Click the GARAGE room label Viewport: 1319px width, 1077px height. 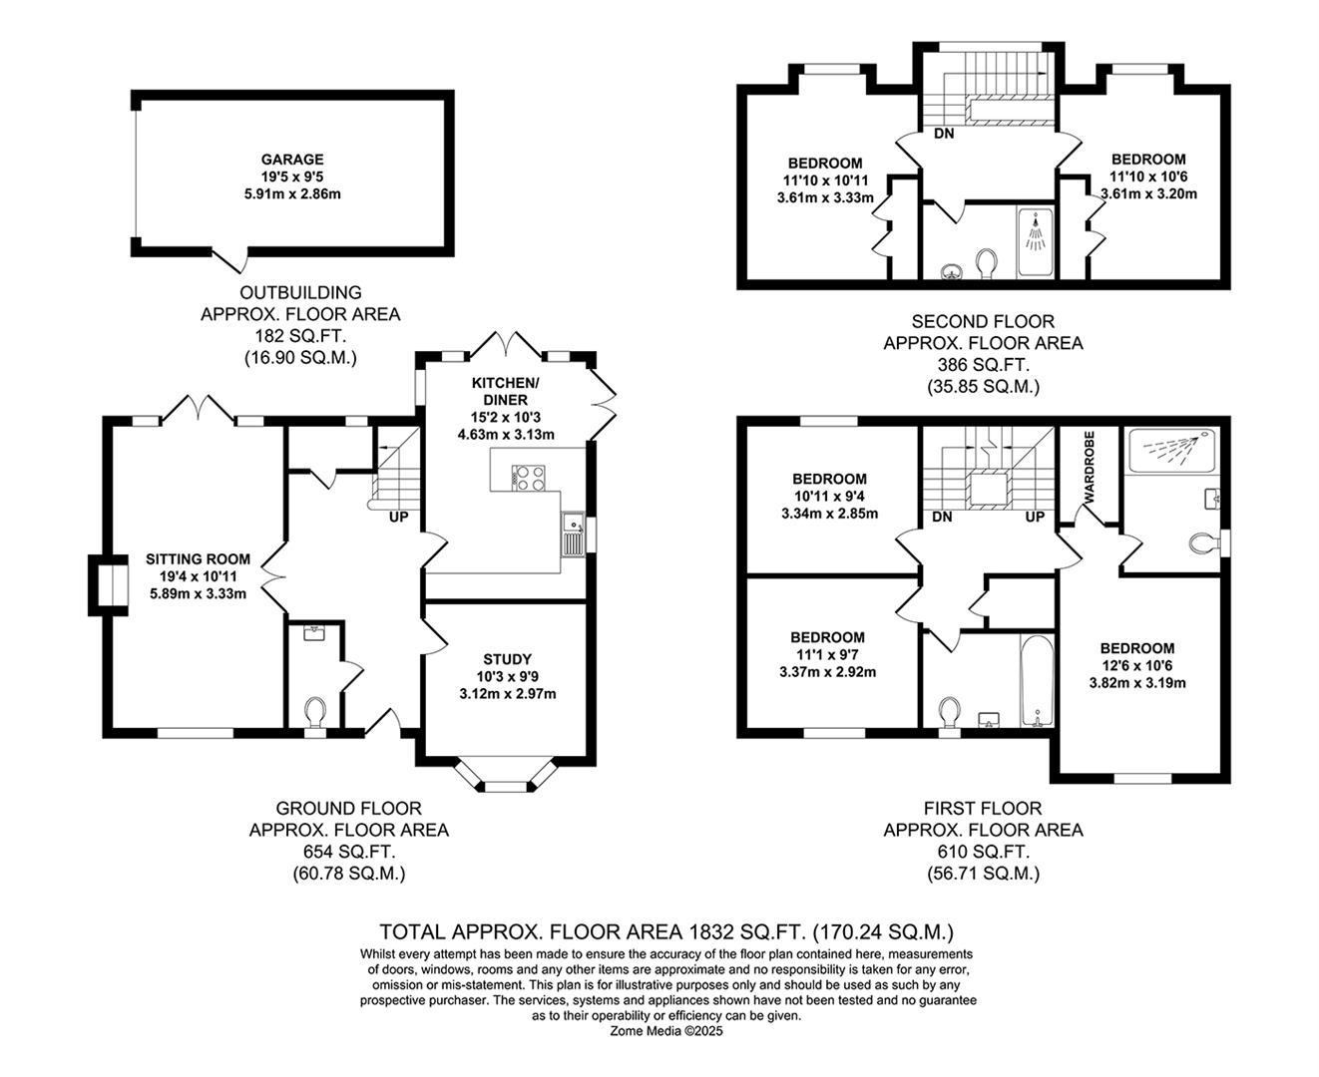pyautogui.click(x=292, y=160)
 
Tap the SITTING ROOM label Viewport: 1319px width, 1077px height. pyautogui.click(x=198, y=558)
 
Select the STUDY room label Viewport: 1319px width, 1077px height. pyautogui.click(x=507, y=659)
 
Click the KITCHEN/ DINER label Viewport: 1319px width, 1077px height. pyautogui.click(x=505, y=391)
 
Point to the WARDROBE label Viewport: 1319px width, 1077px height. pyautogui.click(x=1089, y=468)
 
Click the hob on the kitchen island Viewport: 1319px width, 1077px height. pyautogui.click(x=528, y=479)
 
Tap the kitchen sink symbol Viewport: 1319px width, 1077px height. pyautogui.click(x=573, y=534)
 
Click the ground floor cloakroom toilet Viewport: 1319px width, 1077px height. pyautogui.click(x=314, y=713)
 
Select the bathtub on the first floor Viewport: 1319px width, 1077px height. pyautogui.click(x=1037, y=681)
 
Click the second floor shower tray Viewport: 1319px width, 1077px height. pyautogui.click(x=1035, y=242)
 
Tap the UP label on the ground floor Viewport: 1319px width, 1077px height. pyautogui.click(x=398, y=517)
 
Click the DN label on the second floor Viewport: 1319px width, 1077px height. pyautogui.click(x=944, y=134)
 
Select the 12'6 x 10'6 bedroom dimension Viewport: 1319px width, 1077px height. pyautogui.click(x=1137, y=666)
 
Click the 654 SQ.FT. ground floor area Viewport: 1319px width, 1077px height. pyautogui.click(x=349, y=852)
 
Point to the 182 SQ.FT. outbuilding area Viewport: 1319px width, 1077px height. pyautogui.click(x=300, y=336)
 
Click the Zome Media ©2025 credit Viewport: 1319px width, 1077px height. pyautogui.click(x=666, y=1031)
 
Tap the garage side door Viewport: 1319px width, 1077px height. pyautogui.click(x=229, y=260)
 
